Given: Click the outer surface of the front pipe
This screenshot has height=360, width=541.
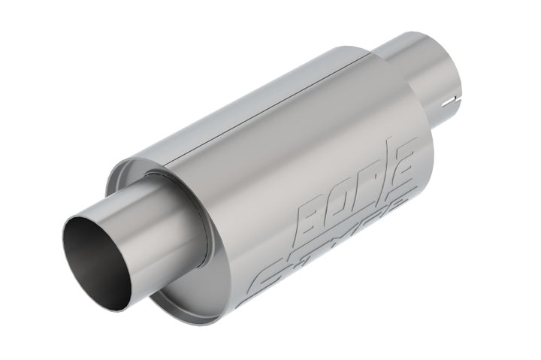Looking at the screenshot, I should pos(150,225).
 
